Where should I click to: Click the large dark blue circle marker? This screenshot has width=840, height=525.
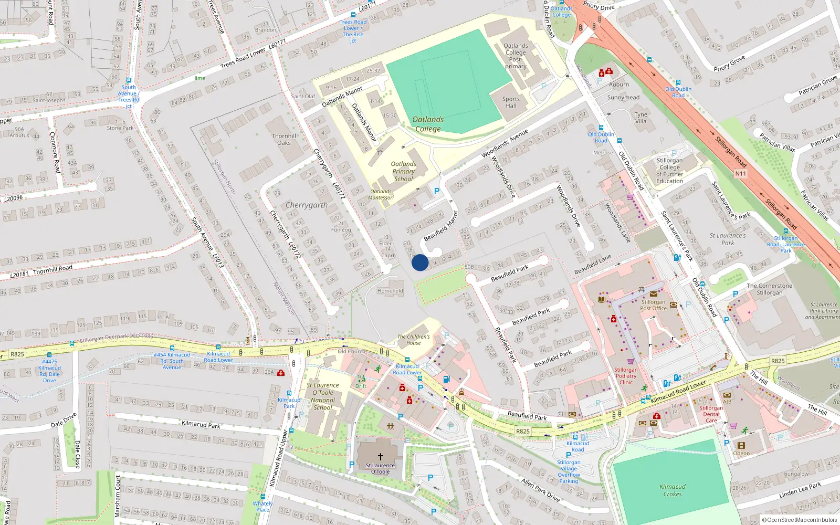click(x=420, y=262)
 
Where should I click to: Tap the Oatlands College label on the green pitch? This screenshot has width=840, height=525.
click(x=428, y=124)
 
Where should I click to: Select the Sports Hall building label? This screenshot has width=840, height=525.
click(x=511, y=102)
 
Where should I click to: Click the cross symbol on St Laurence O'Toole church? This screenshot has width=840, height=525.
click(x=381, y=456)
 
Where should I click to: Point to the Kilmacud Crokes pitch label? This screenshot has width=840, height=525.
click(x=673, y=490)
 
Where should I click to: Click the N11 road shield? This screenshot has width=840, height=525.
click(x=740, y=174)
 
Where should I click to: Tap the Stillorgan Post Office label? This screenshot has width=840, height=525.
click(x=653, y=305)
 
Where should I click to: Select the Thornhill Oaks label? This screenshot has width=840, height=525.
click(x=284, y=139)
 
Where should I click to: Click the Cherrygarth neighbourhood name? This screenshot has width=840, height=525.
click(x=307, y=205)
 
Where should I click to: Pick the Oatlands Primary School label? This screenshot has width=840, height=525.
click(x=403, y=172)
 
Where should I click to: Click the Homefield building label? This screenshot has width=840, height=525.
click(x=390, y=291)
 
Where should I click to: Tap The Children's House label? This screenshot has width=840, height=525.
click(x=413, y=340)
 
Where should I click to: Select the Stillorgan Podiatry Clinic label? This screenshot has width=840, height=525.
click(x=626, y=376)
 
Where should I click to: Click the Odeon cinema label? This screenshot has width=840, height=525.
click(x=741, y=453)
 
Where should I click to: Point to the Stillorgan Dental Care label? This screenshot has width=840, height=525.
click(x=711, y=414)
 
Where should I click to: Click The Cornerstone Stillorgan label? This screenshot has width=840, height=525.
click(x=769, y=289)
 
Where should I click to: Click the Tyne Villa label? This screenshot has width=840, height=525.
click(x=640, y=118)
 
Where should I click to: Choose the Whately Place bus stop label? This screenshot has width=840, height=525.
click(x=262, y=507)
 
